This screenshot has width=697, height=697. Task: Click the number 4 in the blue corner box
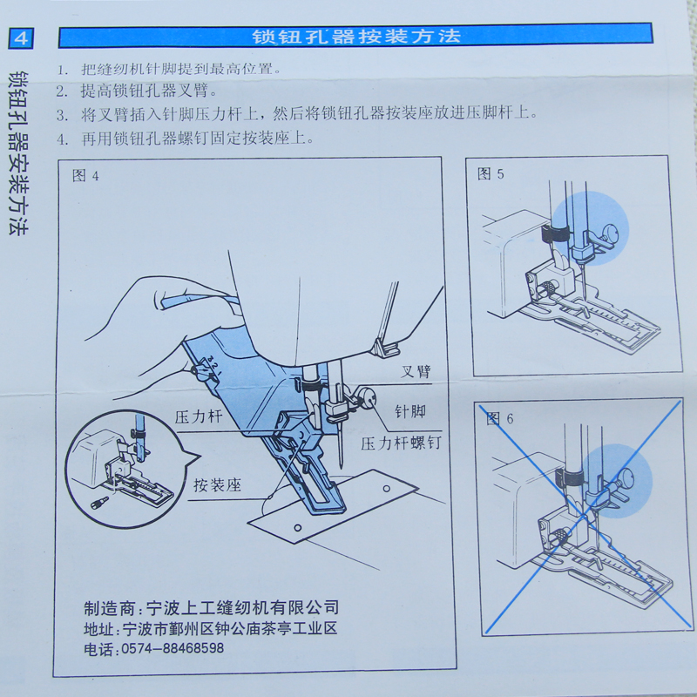(21, 38)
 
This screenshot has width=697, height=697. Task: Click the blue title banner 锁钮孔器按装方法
(355, 36)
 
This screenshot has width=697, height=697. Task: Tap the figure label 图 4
(85, 176)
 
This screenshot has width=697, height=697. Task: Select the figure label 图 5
(491, 173)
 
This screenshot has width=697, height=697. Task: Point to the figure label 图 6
(499, 418)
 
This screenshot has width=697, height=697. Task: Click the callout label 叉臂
(416, 371)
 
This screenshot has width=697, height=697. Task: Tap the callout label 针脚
(410, 411)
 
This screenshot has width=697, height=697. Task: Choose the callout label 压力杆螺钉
(401, 443)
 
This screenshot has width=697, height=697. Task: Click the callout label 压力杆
(199, 417)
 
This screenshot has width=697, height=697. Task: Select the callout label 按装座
(217, 484)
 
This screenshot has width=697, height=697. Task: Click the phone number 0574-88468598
(173, 648)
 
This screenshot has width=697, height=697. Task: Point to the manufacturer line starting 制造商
(211, 607)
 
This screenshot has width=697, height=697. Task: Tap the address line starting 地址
(210, 628)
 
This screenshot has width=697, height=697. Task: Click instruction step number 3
(62, 116)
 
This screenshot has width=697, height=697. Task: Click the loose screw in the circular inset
(99, 503)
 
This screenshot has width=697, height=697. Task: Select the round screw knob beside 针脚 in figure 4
(367, 398)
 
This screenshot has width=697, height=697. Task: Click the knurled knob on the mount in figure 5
(550, 287)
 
